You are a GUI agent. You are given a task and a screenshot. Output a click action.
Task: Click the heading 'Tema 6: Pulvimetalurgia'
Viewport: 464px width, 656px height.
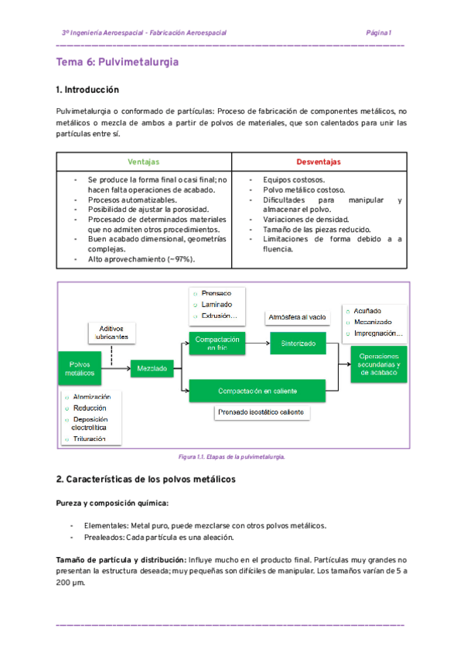(118, 61)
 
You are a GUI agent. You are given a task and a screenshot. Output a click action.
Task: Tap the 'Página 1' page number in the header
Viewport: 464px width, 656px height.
(379, 33)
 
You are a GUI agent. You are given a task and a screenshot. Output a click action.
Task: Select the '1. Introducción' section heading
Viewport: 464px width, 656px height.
(88, 90)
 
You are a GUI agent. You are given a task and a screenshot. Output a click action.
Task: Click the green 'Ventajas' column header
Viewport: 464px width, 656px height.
(144, 162)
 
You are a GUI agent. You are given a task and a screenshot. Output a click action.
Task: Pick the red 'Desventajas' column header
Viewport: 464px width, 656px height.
(319, 162)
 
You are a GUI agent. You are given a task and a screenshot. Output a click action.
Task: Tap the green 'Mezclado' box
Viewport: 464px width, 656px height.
(152, 369)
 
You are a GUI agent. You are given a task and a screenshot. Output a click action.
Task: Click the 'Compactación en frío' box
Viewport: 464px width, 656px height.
(217, 343)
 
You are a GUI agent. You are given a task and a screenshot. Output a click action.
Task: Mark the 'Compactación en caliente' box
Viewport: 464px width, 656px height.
(258, 390)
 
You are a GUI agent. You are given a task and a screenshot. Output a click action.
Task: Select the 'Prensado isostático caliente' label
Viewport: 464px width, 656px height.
(262, 412)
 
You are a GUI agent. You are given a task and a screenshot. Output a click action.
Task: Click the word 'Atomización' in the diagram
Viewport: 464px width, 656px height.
(90, 397)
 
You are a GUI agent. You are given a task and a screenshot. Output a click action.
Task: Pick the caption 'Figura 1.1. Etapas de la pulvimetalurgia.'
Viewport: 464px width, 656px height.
(232, 456)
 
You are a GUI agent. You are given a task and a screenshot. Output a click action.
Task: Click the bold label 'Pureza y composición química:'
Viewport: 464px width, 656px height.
(112, 503)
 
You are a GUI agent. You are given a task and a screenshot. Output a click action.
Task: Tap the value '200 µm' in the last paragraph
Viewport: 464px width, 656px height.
(70, 583)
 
